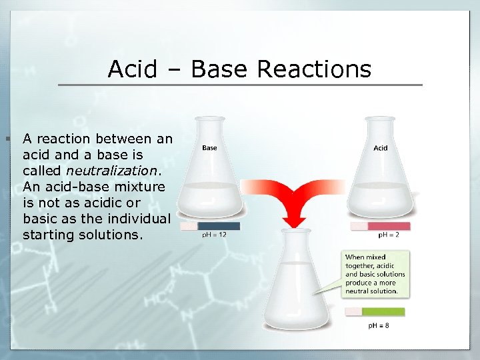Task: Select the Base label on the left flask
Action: pos(209,148)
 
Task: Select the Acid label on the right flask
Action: pos(380,148)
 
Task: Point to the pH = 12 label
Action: pos(214,235)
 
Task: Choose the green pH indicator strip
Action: pos(383,311)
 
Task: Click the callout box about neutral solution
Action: pos(375,274)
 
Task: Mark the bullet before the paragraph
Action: pos(7,139)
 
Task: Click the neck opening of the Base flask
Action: pos(209,119)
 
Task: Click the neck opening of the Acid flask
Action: pos(380,119)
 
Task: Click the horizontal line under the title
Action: pos(240,85)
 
